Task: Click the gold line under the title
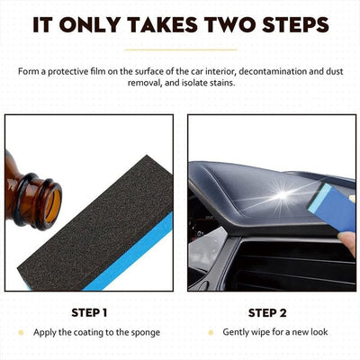(x=180, y=49)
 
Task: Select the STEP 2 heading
(x=266, y=312)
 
